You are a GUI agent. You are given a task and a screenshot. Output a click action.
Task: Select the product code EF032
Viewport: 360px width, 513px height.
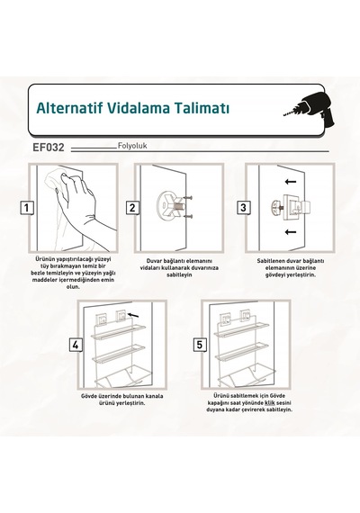(49, 148)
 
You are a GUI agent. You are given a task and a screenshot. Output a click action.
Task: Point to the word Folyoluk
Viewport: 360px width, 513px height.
(132, 146)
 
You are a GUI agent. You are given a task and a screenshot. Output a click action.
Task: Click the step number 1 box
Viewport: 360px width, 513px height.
(27, 208)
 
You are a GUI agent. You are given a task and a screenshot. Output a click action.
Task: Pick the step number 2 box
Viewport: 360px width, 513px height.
(132, 208)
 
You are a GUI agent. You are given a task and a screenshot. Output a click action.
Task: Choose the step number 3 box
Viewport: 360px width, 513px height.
(244, 207)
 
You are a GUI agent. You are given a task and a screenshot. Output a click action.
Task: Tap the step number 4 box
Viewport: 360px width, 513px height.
(76, 345)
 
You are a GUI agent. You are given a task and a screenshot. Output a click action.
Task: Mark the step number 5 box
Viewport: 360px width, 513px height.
(200, 345)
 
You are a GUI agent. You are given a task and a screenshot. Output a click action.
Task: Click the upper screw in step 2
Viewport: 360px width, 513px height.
(187, 198)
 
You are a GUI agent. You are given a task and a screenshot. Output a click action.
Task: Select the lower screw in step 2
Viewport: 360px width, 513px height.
(187, 216)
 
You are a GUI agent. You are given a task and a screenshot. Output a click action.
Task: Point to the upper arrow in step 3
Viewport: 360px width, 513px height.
(291, 182)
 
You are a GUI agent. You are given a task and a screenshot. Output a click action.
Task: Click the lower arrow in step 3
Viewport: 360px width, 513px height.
(291, 232)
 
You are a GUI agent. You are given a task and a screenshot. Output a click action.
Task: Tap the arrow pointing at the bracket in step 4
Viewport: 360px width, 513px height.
(133, 315)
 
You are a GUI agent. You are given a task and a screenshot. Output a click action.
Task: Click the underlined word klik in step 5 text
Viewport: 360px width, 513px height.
(270, 402)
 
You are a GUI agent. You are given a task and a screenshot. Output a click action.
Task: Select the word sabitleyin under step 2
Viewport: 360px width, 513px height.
(179, 274)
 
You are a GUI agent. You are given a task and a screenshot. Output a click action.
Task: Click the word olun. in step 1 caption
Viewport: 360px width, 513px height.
(73, 286)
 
